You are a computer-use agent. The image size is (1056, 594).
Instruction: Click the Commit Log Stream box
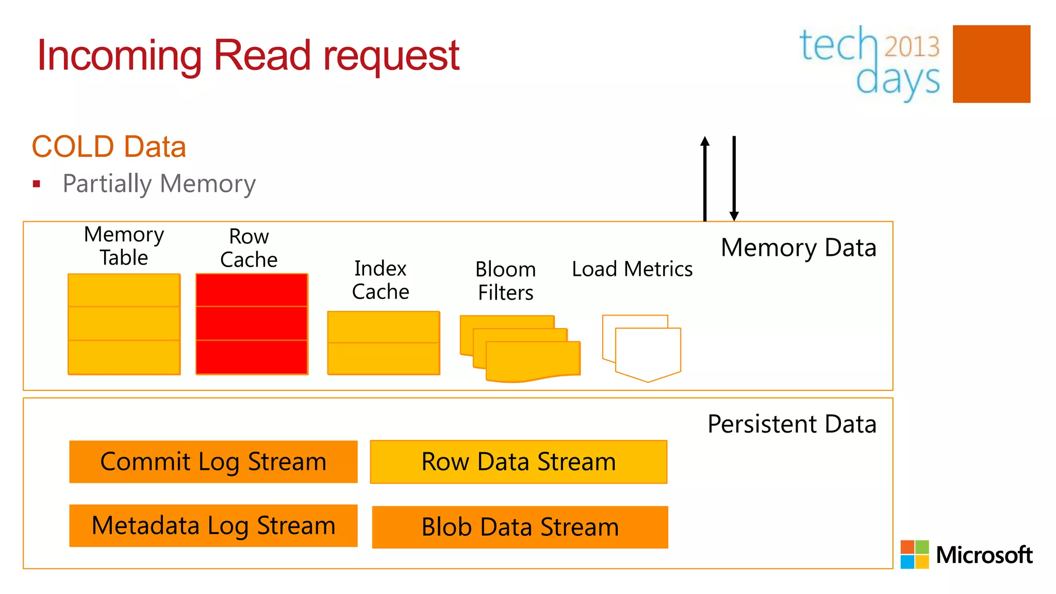213,461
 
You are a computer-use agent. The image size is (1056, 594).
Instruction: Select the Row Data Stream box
518,461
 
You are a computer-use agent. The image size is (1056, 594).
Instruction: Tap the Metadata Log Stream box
213,525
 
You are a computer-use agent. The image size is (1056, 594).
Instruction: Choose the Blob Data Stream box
520,527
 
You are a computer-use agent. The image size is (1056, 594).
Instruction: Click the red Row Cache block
252,324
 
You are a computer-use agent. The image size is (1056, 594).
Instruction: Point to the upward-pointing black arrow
705,178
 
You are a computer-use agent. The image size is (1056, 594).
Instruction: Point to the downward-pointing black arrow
734,178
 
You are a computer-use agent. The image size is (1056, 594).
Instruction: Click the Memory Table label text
124,246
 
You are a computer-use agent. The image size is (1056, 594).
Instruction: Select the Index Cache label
381,280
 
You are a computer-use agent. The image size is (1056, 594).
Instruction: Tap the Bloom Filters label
505,281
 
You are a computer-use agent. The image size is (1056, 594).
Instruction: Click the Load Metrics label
632,269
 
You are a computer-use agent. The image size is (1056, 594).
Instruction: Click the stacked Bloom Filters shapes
521,348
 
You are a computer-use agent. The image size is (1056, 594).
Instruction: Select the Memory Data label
798,247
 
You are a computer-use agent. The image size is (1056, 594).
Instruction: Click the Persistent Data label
791,424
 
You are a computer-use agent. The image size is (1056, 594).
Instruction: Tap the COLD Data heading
109,146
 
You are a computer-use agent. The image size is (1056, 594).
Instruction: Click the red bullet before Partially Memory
36,184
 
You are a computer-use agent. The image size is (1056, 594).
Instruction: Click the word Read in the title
262,55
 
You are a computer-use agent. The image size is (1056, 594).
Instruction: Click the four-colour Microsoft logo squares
914,554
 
